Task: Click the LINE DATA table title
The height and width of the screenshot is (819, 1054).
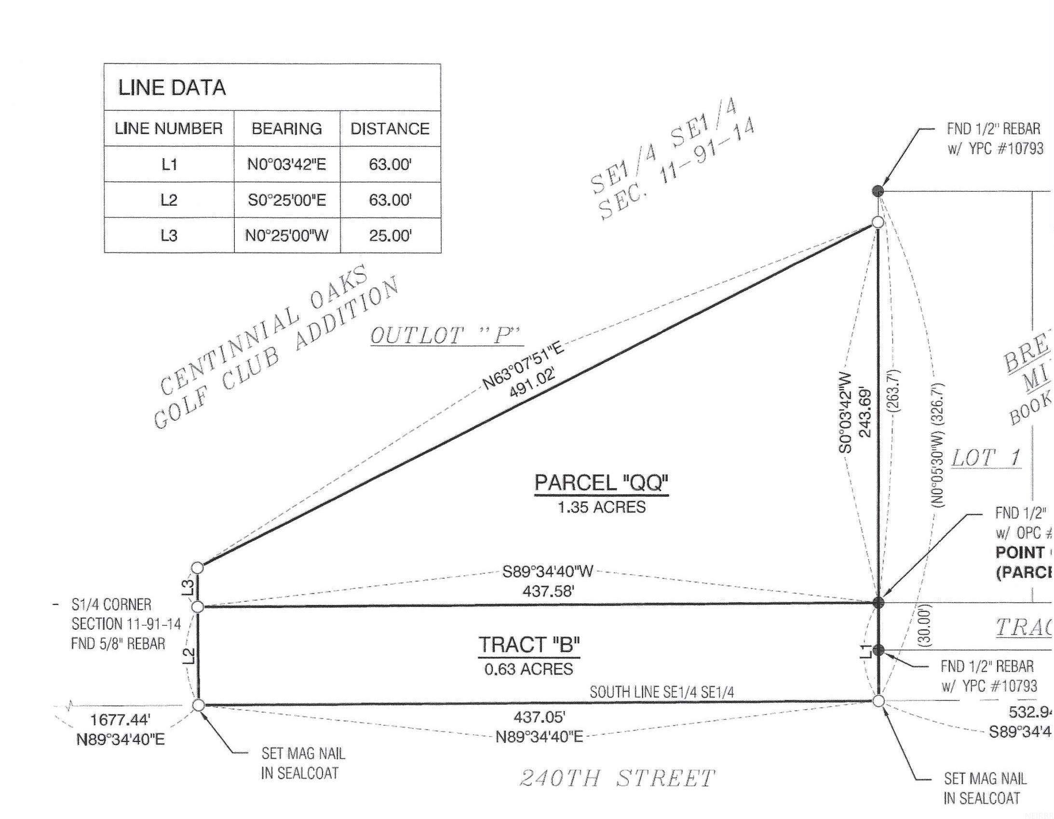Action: point(172,88)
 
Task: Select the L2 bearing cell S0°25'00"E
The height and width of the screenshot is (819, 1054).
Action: point(287,199)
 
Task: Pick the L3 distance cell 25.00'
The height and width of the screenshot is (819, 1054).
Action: point(390,236)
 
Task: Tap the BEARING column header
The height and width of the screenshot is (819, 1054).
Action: point(287,129)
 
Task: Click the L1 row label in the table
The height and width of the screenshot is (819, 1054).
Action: point(169,164)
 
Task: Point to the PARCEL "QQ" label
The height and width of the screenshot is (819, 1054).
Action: point(601,483)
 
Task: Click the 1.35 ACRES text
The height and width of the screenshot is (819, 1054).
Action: point(601,507)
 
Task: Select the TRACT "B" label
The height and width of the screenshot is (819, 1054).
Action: point(529,645)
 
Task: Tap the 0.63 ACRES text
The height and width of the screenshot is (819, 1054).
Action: point(529,669)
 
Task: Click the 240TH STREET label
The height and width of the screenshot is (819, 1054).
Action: point(617,779)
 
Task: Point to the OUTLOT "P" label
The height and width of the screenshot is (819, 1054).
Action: point(446,336)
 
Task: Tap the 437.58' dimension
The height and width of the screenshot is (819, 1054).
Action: point(548,590)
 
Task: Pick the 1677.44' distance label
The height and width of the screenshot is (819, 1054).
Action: point(120,720)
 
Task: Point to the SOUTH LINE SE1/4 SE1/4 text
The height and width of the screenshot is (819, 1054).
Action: point(662,692)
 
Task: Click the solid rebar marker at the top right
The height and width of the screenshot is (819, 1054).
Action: point(878,190)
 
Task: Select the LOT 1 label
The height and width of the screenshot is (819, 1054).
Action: point(986,457)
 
